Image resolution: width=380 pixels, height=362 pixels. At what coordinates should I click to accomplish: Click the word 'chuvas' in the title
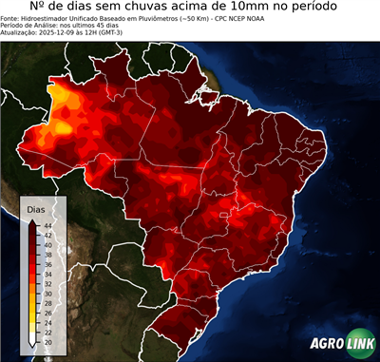pos(159,9)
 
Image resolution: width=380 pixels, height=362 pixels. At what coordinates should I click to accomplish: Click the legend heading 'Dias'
pos(36,208)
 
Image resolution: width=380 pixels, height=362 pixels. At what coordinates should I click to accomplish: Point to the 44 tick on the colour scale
pos(47,225)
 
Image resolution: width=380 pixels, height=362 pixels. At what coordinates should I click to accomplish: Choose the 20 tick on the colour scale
pos(47,341)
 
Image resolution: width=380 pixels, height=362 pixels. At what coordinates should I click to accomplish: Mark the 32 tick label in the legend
pos(47,283)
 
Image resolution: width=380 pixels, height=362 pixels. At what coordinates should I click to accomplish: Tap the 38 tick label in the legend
pos(47,255)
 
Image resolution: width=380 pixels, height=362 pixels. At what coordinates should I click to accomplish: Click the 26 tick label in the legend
pos(47,313)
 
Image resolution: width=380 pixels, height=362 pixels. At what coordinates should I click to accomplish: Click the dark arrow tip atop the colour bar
pos(32,220)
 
